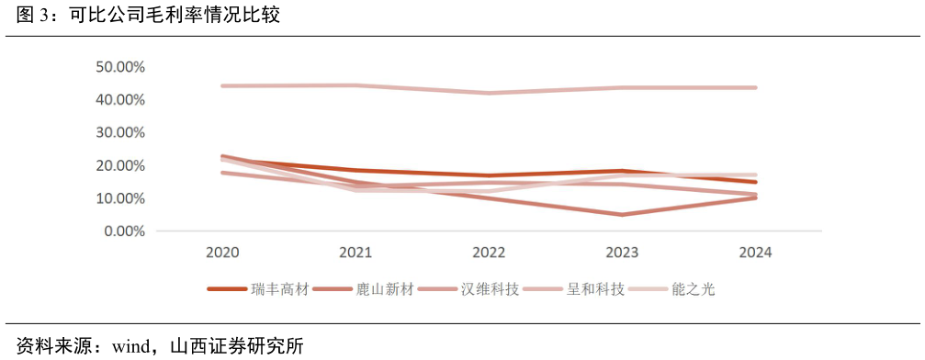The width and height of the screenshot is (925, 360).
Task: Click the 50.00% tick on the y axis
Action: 120,67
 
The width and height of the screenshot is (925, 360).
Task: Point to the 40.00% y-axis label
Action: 120,99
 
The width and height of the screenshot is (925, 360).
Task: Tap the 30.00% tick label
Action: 120,132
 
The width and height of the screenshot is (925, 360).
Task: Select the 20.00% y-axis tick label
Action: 120,165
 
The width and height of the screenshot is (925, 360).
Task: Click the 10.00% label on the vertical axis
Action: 120,198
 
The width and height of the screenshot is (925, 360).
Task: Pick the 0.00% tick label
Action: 124,231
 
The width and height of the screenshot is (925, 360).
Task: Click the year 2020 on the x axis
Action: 224,253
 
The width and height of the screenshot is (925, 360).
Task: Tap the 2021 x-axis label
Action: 355,253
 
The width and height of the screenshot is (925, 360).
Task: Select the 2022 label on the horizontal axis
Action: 489,253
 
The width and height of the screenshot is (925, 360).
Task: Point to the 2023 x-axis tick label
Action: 622,253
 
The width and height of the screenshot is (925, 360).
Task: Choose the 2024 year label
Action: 754,253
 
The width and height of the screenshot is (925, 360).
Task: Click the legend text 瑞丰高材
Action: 279,289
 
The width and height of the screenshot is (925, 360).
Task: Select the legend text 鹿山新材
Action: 384,289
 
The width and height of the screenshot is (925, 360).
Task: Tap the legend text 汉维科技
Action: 490,289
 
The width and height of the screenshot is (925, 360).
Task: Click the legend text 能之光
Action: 693,289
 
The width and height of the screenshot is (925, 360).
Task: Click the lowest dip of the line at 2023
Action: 622,215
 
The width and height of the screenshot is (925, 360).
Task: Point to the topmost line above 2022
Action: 489,93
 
